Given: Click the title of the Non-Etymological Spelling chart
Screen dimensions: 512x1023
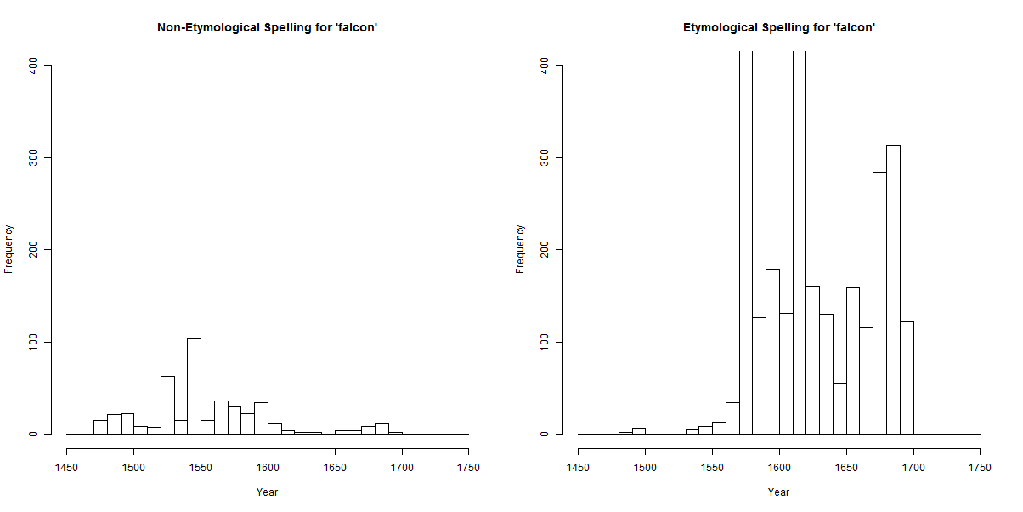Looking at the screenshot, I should pos(267,28).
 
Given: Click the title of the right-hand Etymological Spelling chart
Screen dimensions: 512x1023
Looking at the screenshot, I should pos(778,28).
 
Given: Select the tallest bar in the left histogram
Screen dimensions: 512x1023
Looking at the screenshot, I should pos(194,387).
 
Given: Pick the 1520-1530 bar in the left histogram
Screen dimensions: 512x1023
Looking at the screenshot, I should pos(167,405).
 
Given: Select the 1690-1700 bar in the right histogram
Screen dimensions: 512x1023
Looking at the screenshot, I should pos(907,378).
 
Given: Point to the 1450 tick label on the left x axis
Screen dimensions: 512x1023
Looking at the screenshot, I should pos(66,468).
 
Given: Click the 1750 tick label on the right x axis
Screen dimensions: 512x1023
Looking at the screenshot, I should pos(980,468).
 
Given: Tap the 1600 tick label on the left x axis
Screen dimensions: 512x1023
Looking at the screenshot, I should pos(268,468).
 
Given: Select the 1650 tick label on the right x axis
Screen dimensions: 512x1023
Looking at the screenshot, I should pos(845,468).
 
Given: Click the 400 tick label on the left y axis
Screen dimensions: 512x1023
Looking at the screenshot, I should pos(34,65).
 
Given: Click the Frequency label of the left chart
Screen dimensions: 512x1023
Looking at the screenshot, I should pos(9,249).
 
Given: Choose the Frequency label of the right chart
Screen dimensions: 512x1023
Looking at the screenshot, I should pos(521,249).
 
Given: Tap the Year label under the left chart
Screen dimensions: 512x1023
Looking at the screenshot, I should pos(267,492).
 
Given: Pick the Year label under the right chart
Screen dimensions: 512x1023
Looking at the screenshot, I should pos(778,492).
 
